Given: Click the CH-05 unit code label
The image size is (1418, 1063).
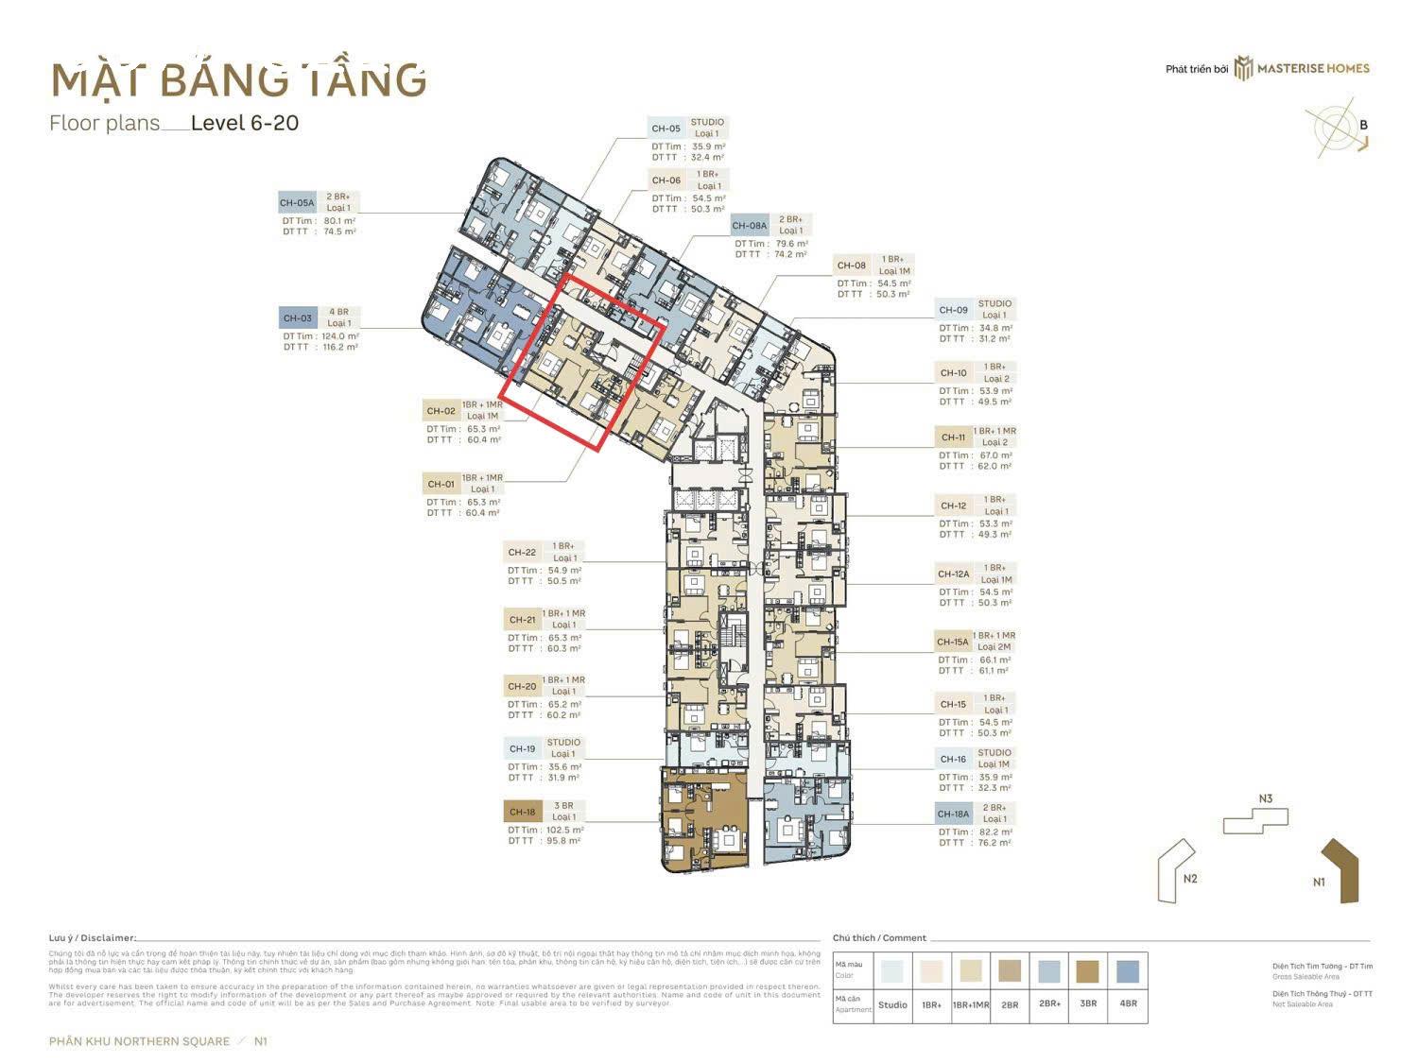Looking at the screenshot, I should coord(666,129).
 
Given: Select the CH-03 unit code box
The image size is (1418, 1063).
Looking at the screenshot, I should coord(298,318).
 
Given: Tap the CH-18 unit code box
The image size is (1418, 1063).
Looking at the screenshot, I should coord(523,812).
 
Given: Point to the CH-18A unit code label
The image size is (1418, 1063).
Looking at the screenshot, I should coord(953,814).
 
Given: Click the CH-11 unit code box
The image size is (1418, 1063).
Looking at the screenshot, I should coord(953,437).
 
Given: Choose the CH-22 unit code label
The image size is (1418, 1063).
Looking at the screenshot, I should coord(522,553).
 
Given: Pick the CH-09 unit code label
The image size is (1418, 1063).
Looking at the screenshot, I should coord(953,310).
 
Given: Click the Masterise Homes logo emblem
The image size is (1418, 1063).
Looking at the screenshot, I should coord(1243,68).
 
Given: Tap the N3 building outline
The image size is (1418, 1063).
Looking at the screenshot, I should coord(1255,820).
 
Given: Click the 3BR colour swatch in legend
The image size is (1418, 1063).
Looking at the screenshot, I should coord(1087,971).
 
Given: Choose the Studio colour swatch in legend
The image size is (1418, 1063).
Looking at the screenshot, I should coord(891,971).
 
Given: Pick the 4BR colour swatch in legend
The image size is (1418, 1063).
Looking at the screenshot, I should coord(1128,971).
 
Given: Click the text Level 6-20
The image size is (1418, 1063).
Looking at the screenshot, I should coord(245,123).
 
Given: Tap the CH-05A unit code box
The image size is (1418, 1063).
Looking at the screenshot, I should coord(297,203).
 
